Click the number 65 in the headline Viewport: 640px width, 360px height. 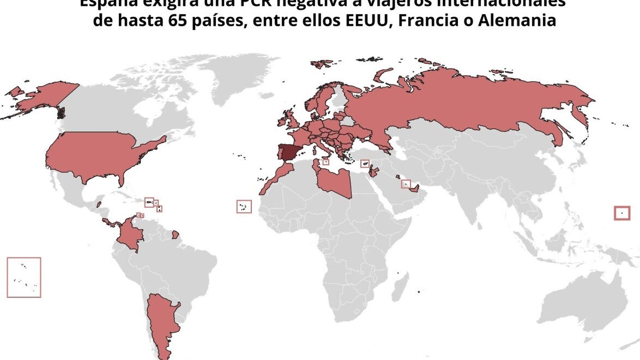pos(178,21)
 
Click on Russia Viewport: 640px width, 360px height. pos(460,104)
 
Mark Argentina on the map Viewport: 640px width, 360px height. pos(160,320)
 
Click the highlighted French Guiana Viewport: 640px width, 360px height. pos(175,234)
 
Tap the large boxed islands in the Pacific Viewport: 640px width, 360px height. pos(24,277)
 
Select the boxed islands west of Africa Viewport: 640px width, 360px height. pos(244,206)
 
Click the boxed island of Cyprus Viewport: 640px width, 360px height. pos(364,164)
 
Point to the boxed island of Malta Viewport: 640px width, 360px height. pos(326,162)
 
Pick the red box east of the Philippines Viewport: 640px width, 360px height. pos(622,213)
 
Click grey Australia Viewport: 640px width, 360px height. pos(580,304)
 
